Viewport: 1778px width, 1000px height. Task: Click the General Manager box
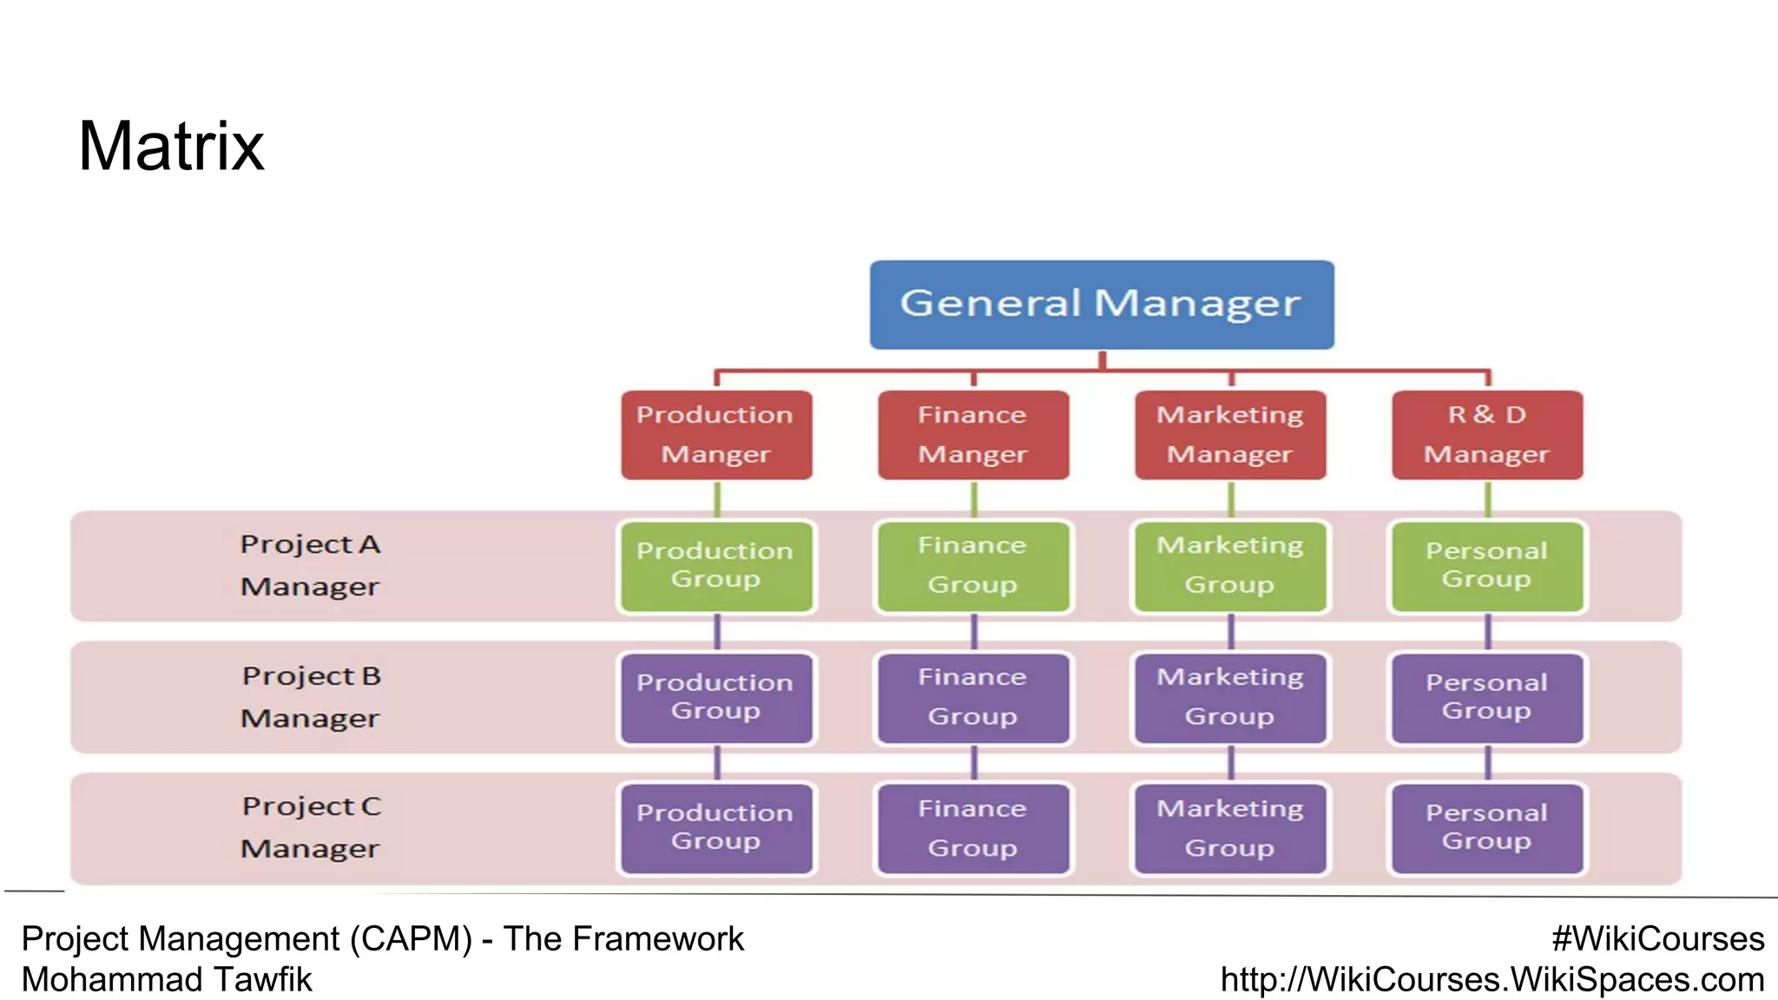click(1101, 305)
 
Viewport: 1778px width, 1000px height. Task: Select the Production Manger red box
click(716, 435)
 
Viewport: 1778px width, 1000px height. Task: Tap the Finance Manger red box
click(973, 435)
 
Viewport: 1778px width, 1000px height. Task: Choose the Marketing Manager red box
click(1230, 435)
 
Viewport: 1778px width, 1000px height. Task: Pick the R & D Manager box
click(1487, 435)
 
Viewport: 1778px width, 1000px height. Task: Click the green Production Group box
click(716, 566)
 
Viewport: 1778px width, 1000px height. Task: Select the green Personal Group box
click(1487, 566)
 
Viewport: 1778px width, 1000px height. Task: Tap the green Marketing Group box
click(1230, 566)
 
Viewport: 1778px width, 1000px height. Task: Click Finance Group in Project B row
click(973, 698)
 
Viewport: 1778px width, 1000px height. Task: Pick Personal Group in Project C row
click(1487, 828)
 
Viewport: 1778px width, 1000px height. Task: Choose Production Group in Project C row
click(716, 828)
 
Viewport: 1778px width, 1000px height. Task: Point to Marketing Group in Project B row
click(1230, 698)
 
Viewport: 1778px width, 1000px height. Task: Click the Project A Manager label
click(310, 566)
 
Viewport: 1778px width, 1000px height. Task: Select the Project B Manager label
click(310, 698)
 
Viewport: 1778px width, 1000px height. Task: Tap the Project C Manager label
click(310, 828)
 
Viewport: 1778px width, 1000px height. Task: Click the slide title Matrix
click(171, 146)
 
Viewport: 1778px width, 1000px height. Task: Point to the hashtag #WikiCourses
click(1657, 939)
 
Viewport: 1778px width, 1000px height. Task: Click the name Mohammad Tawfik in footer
click(167, 980)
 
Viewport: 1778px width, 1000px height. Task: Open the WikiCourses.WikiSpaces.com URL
click(1492, 980)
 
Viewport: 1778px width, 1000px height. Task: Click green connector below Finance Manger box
click(974, 499)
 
